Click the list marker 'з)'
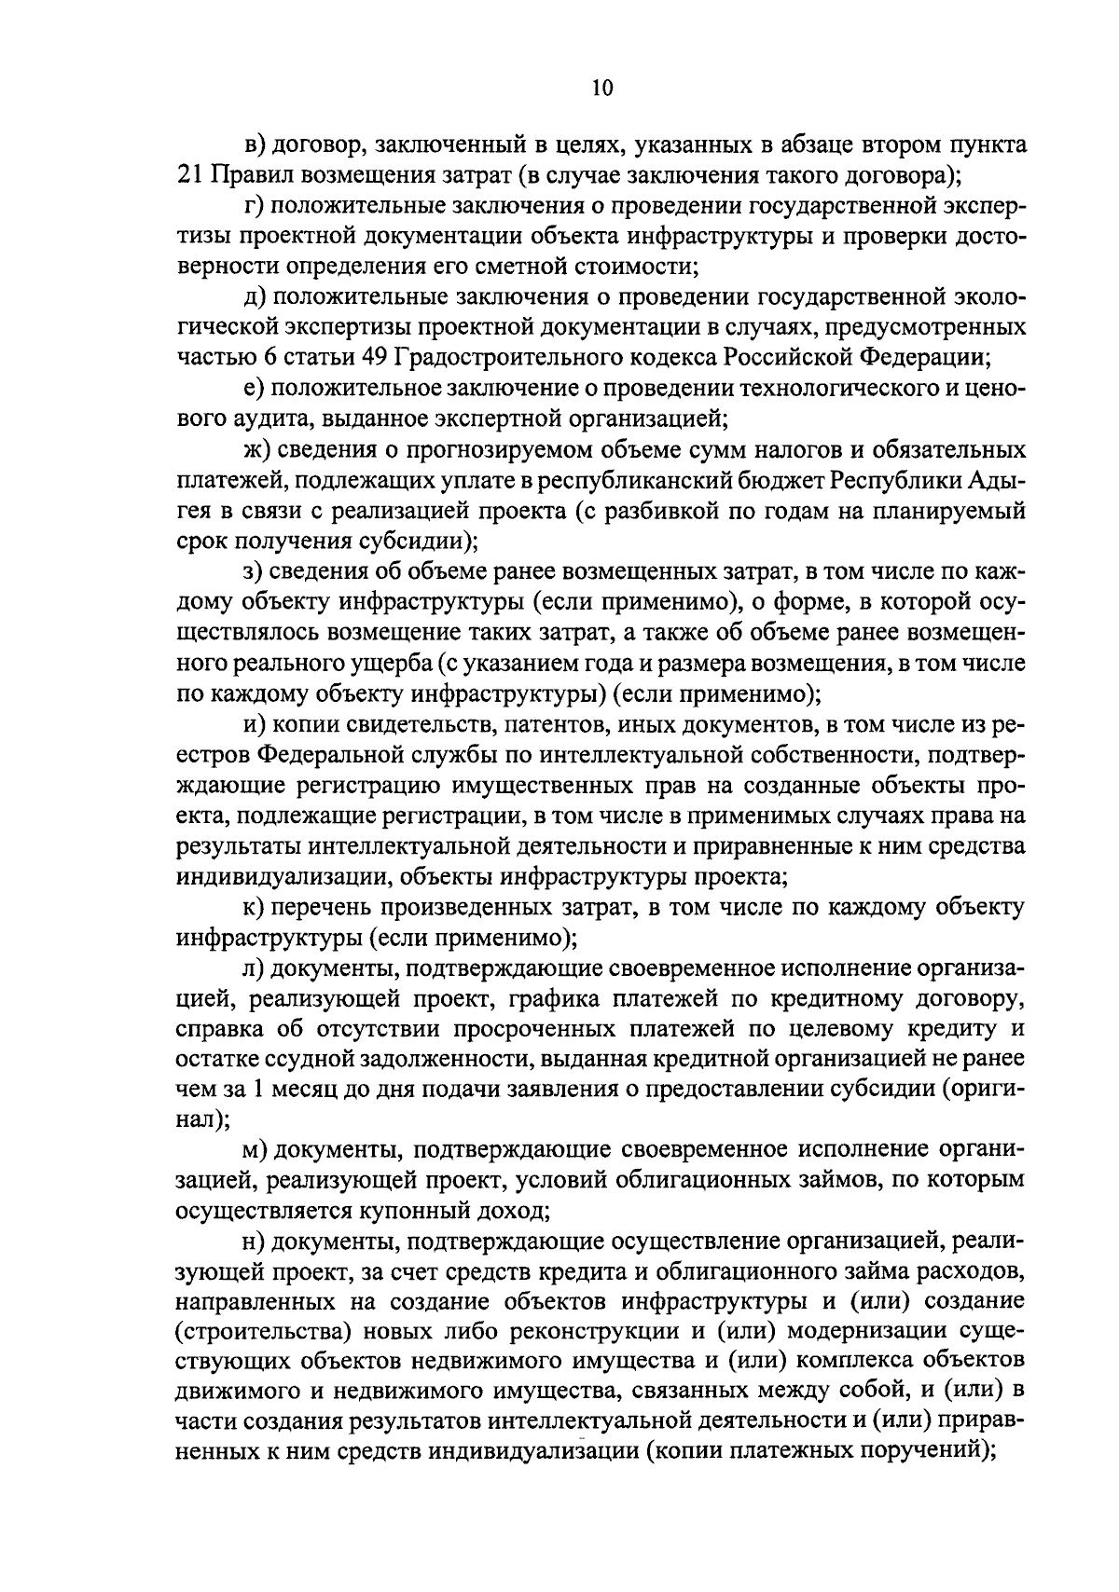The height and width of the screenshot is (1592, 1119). click(250, 571)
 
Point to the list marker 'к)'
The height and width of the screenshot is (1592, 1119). click(250, 906)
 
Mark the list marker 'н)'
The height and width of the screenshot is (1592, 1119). click(251, 1242)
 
